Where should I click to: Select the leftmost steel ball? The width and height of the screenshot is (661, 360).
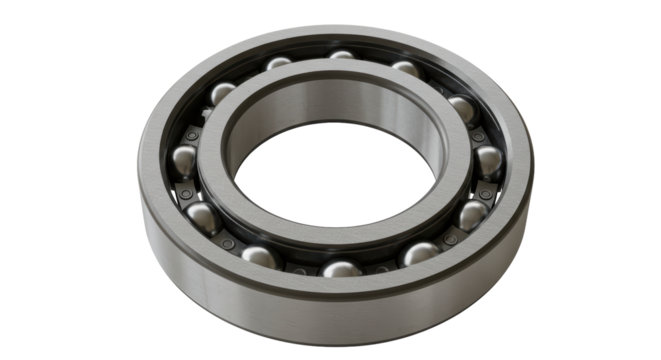pyautogui.click(x=186, y=158)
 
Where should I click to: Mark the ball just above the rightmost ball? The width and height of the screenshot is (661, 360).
pyautogui.click(x=459, y=105)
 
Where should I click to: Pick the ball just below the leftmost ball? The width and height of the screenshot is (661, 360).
pyautogui.click(x=201, y=214)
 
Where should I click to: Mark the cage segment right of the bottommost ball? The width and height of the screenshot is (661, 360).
pyautogui.click(x=381, y=266)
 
